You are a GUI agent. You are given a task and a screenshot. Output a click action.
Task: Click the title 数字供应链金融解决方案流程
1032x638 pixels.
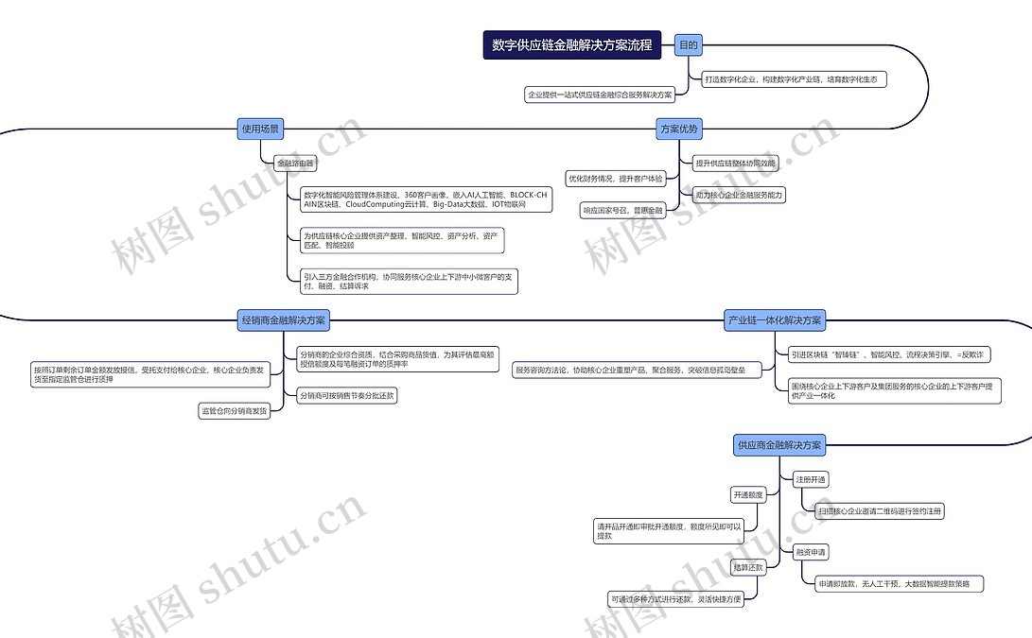[572, 44]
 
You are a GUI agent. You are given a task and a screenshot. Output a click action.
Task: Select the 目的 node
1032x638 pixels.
[689, 44]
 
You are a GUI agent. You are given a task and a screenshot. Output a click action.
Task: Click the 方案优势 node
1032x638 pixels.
[679, 129]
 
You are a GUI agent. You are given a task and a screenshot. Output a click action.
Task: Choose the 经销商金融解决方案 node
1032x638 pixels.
[284, 320]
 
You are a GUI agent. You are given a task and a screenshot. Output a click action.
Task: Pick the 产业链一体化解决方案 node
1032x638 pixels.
[775, 320]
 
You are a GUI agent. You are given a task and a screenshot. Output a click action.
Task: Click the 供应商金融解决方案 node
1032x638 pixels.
[779, 444]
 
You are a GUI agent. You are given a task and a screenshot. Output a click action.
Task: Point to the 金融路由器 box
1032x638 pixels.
[294, 164]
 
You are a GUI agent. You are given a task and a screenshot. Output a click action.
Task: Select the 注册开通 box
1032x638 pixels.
[811, 479]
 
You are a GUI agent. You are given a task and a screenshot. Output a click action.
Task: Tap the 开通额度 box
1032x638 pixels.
[747, 494]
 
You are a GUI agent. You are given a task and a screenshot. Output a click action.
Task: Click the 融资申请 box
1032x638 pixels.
[811, 552]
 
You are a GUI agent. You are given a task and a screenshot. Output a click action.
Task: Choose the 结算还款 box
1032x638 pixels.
[747, 567]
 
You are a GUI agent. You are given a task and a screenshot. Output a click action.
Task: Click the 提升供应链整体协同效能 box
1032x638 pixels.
[735, 163]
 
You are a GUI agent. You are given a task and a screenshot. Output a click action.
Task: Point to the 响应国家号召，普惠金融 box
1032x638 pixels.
[623, 210]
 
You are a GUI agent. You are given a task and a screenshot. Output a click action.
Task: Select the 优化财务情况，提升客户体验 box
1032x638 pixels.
[616, 178]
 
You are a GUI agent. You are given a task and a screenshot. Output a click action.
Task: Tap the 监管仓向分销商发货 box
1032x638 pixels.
[234, 410]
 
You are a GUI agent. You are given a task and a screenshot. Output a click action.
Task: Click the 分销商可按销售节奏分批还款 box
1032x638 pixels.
[346, 396]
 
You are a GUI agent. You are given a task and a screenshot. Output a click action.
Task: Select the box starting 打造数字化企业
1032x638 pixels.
[794, 79]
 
